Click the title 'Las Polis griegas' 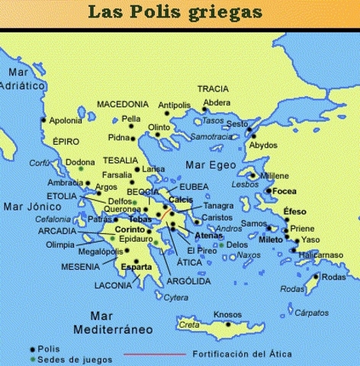pos(180,13)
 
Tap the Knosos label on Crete pos(227,313)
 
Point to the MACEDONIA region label pos(122,104)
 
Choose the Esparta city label pos(137,267)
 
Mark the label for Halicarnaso pos(319,254)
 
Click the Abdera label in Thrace pos(217,104)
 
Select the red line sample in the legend pos(156,354)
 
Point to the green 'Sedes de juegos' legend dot pos(32,359)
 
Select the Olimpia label pos(60,245)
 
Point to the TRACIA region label pos(213,88)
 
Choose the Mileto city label pos(271,239)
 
